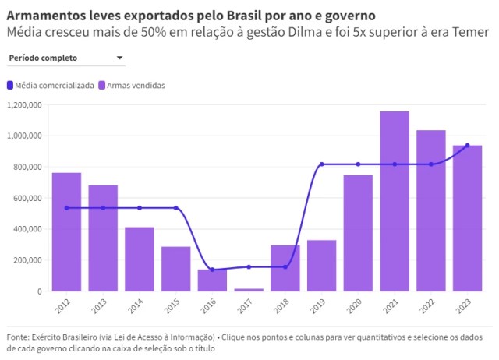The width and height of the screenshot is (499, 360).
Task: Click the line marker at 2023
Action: coord(467,146)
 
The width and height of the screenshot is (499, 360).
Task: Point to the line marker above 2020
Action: coord(358,164)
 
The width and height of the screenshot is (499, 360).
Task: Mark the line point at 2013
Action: coord(103,208)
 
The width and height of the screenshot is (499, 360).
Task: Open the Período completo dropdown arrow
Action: coord(119,58)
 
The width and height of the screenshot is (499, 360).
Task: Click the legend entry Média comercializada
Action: coord(55,85)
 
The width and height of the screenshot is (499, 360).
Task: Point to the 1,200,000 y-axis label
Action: coord(24,104)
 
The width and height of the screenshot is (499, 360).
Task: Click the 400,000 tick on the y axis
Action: coord(27,229)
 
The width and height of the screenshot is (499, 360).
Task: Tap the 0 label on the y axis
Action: coord(40,291)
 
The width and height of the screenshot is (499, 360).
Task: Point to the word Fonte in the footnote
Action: coord(18,337)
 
